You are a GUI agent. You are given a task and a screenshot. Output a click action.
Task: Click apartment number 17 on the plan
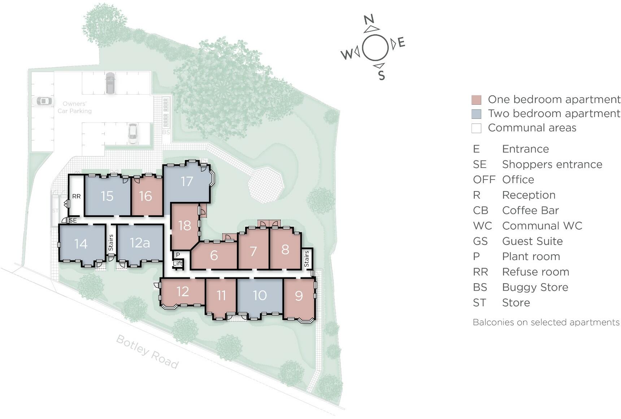[187, 181]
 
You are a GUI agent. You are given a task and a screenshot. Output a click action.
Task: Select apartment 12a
[140, 243]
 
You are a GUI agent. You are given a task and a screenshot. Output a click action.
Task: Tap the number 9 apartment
[299, 296]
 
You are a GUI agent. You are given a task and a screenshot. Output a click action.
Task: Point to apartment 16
[145, 196]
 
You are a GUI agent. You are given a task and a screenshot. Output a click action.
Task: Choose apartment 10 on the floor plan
[260, 295]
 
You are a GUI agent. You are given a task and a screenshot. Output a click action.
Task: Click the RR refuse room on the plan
[76, 196]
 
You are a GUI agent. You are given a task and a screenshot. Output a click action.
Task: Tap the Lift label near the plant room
[178, 263]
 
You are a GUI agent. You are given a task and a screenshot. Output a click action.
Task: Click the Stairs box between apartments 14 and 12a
[111, 242]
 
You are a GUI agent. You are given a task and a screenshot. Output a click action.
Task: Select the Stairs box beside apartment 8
[307, 259]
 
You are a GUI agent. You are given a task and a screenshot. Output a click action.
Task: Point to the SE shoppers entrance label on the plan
[73, 220]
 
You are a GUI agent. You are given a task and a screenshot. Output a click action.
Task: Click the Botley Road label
[147, 351]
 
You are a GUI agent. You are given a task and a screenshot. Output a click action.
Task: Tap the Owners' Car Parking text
[75, 107]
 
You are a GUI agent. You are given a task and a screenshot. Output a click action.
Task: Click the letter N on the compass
[369, 20]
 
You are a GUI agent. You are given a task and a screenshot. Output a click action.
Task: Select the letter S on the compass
[381, 75]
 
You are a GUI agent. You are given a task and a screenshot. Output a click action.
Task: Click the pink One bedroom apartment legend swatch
[476, 100]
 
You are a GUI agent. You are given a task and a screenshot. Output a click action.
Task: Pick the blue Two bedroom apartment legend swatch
[476, 114]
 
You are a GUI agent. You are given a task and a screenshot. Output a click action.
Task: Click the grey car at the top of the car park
[110, 83]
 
